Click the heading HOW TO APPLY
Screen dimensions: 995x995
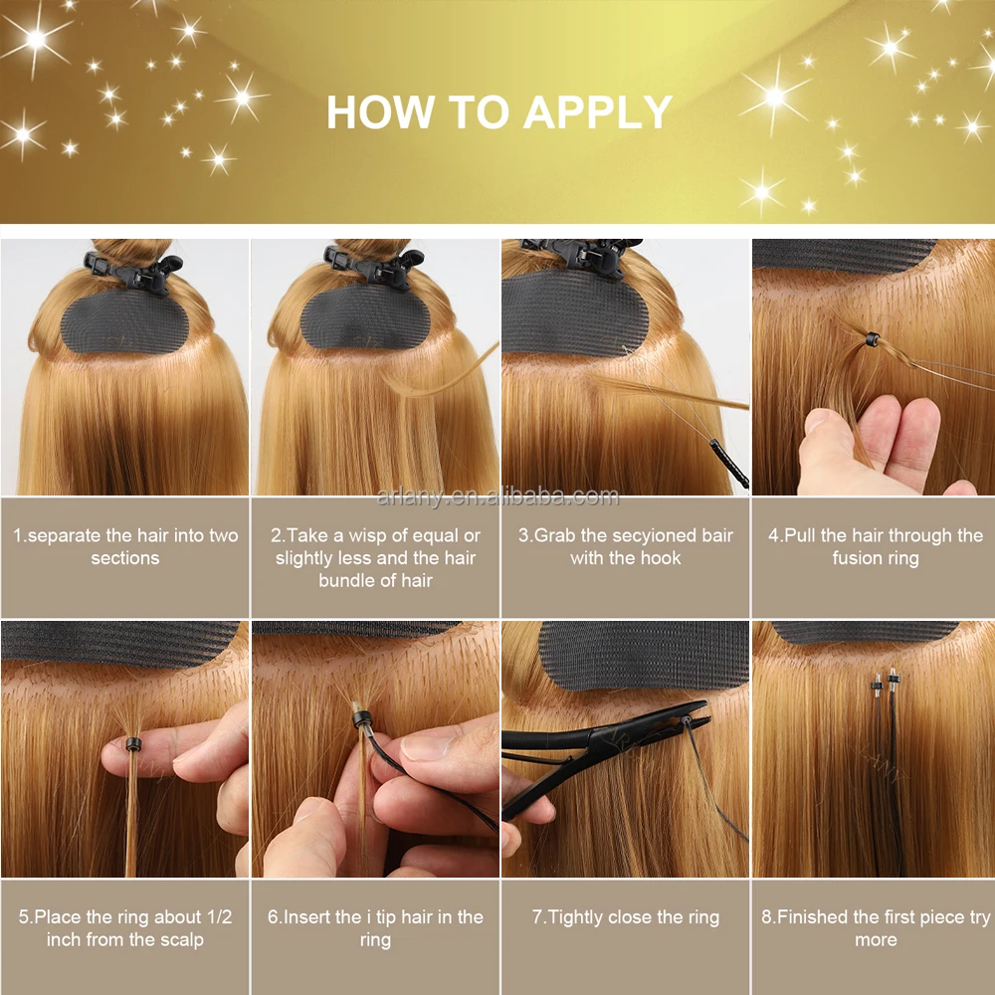pos(498,112)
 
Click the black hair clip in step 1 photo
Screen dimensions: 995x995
pos(132,272)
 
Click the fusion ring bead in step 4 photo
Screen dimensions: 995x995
pos(872,339)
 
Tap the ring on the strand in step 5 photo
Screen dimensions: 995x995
pos(131,745)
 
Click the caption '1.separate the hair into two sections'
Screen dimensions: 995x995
pos(125,547)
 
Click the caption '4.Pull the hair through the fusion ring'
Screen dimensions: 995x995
pos(875,547)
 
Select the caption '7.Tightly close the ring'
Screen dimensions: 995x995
pos(625,917)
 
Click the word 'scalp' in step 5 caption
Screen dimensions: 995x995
pos(181,940)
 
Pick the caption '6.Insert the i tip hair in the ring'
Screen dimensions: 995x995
pos(375,928)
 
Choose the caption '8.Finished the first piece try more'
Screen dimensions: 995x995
pos(875,928)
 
